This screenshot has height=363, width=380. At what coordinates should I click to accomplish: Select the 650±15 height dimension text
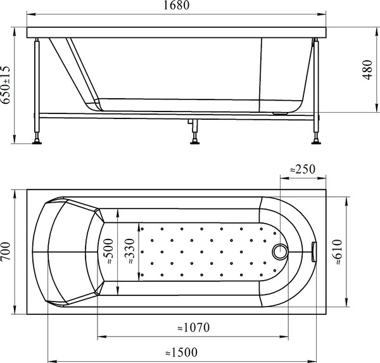[x=7, y=86]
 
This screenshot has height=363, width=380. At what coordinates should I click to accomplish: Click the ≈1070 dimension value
[x=193, y=328]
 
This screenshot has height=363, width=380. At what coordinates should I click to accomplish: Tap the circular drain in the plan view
[x=279, y=252]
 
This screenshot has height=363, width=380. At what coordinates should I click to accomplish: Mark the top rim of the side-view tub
[x=177, y=30]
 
